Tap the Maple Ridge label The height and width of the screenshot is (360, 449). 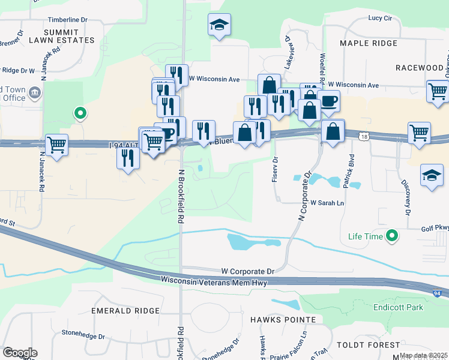[x=368, y=43]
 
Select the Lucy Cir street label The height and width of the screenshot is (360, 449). [x=380, y=18]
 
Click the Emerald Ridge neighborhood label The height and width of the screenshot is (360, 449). [x=125, y=311]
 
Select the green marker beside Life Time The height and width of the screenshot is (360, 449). [x=393, y=236]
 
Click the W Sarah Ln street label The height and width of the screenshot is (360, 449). [x=327, y=203]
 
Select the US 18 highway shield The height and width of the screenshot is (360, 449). [x=364, y=137]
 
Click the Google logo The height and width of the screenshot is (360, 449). [x=20, y=353]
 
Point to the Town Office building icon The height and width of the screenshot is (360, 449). [x=34, y=92]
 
